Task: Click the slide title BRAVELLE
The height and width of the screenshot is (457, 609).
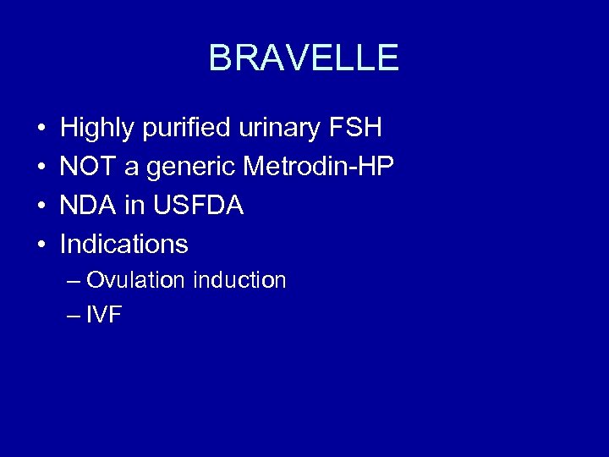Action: tap(304, 58)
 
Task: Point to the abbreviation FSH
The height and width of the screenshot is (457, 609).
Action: tap(354, 129)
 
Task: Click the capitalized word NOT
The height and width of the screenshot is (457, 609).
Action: tap(89, 167)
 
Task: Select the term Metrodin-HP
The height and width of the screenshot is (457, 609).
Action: tap(319, 167)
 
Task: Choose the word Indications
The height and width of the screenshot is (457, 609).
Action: tap(124, 244)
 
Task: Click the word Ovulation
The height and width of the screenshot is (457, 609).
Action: tap(135, 280)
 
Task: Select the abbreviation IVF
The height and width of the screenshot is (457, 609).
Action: tap(104, 316)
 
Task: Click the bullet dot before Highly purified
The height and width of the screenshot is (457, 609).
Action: tap(41, 129)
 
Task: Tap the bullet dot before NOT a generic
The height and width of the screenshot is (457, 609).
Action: tap(41, 168)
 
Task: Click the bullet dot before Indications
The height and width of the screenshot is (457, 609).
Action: tap(41, 245)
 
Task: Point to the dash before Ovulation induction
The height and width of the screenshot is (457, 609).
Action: tap(74, 281)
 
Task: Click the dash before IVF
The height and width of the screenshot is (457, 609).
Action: tap(74, 317)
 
